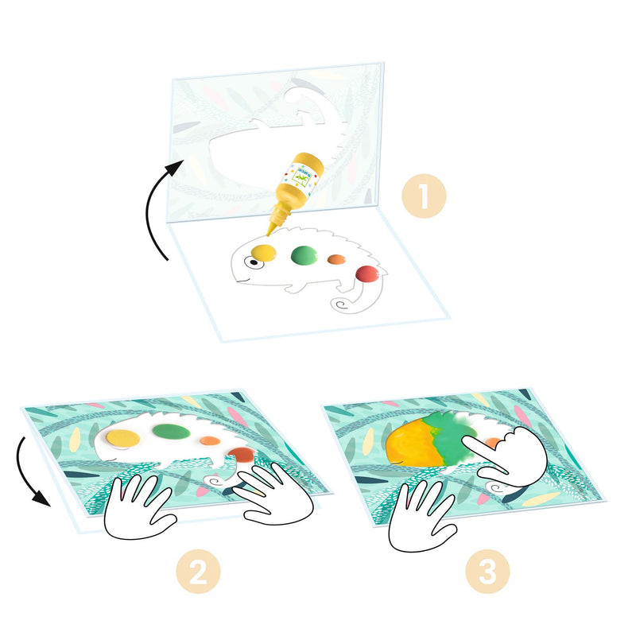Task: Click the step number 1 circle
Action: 423,194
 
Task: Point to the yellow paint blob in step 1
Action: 262,254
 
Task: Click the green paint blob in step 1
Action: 305,255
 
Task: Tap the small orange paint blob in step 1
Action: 337,259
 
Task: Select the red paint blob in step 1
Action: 366,274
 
